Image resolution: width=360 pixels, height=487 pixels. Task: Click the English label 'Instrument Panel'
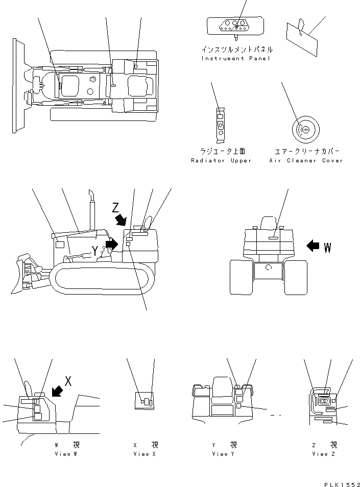coord(236,59)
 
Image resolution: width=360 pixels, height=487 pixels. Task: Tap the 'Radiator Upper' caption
coord(221,161)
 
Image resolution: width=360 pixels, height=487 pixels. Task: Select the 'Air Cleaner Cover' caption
coord(306,161)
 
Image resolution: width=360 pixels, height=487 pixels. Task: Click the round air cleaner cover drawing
coord(305,130)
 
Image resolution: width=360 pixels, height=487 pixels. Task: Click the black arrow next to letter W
coord(313,246)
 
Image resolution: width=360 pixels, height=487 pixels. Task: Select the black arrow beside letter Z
coord(121,220)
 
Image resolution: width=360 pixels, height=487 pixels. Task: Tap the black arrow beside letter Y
coord(111,244)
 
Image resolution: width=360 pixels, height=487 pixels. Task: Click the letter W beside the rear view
coord(327,248)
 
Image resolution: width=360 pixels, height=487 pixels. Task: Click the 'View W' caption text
coord(67,454)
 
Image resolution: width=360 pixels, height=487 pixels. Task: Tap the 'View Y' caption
coord(223,454)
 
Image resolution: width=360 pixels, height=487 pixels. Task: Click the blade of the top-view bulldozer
coord(17,85)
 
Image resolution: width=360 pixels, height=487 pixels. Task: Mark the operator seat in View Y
coord(222,385)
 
